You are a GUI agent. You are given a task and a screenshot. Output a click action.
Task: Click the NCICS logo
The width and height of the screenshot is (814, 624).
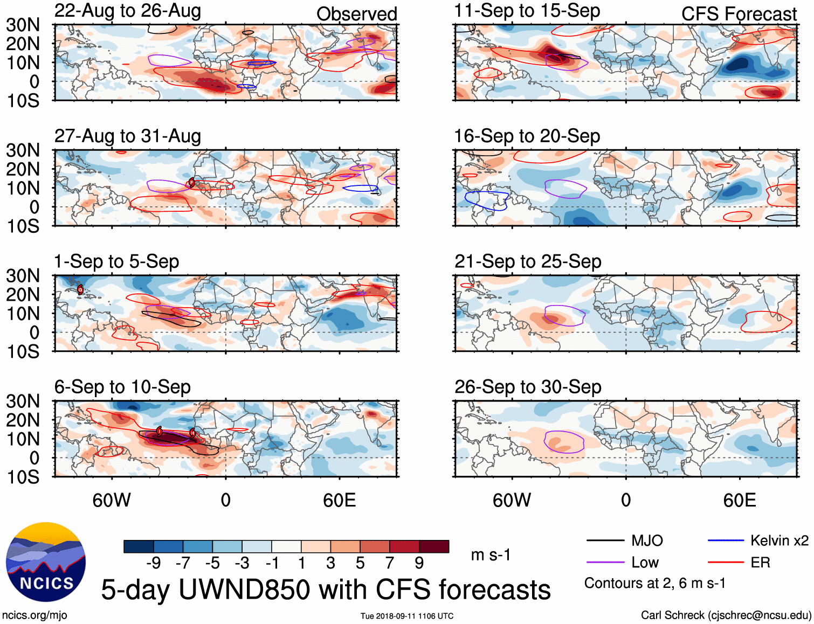[x=46, y=562]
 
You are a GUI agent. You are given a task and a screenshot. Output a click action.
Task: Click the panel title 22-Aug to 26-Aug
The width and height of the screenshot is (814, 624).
[x=128, y=11]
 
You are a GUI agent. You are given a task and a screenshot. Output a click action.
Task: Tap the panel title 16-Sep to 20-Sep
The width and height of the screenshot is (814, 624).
[x=527, y=136]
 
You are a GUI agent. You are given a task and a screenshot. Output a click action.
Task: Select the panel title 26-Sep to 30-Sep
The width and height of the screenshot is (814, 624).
[x=528, y=387]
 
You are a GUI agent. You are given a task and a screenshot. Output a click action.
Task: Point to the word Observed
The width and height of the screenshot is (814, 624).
[x=356, y=14]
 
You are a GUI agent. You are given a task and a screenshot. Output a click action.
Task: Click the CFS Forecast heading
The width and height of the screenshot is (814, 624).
[x=739, y=14]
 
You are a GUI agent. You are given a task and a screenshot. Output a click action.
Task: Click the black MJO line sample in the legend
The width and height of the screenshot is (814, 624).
[x=605, y=540]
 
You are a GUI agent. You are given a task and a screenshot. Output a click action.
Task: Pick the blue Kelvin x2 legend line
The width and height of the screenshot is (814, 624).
[x=726, y=540]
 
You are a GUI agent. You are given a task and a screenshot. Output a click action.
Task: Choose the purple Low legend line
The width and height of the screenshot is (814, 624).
[x=605, y=563]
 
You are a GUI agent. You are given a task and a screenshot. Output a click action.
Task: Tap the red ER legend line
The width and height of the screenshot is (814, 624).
[x=726, y=563]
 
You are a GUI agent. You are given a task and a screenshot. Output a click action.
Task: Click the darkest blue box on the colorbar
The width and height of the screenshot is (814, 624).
[x=139, y=546]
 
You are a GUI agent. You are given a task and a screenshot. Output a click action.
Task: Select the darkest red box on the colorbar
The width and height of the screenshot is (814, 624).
[x=434, y=546]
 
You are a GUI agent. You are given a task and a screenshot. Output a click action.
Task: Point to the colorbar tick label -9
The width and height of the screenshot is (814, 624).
[x=153, y=563]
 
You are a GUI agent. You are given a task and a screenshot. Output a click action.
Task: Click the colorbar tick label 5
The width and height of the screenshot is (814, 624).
[x=360, y=563]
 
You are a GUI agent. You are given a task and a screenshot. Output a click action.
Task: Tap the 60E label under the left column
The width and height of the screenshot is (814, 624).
[x=339, y=501]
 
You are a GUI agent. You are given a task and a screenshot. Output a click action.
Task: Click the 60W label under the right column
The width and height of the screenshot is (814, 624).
[x=512, y=501]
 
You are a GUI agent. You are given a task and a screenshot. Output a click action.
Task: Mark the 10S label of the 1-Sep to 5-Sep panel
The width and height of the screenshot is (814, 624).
[x=23, y=352]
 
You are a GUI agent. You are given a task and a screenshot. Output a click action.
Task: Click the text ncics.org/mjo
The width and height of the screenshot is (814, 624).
[x=35, y=615]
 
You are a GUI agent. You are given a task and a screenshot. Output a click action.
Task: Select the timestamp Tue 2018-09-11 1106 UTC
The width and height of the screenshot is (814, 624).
[x=407, y=616]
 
